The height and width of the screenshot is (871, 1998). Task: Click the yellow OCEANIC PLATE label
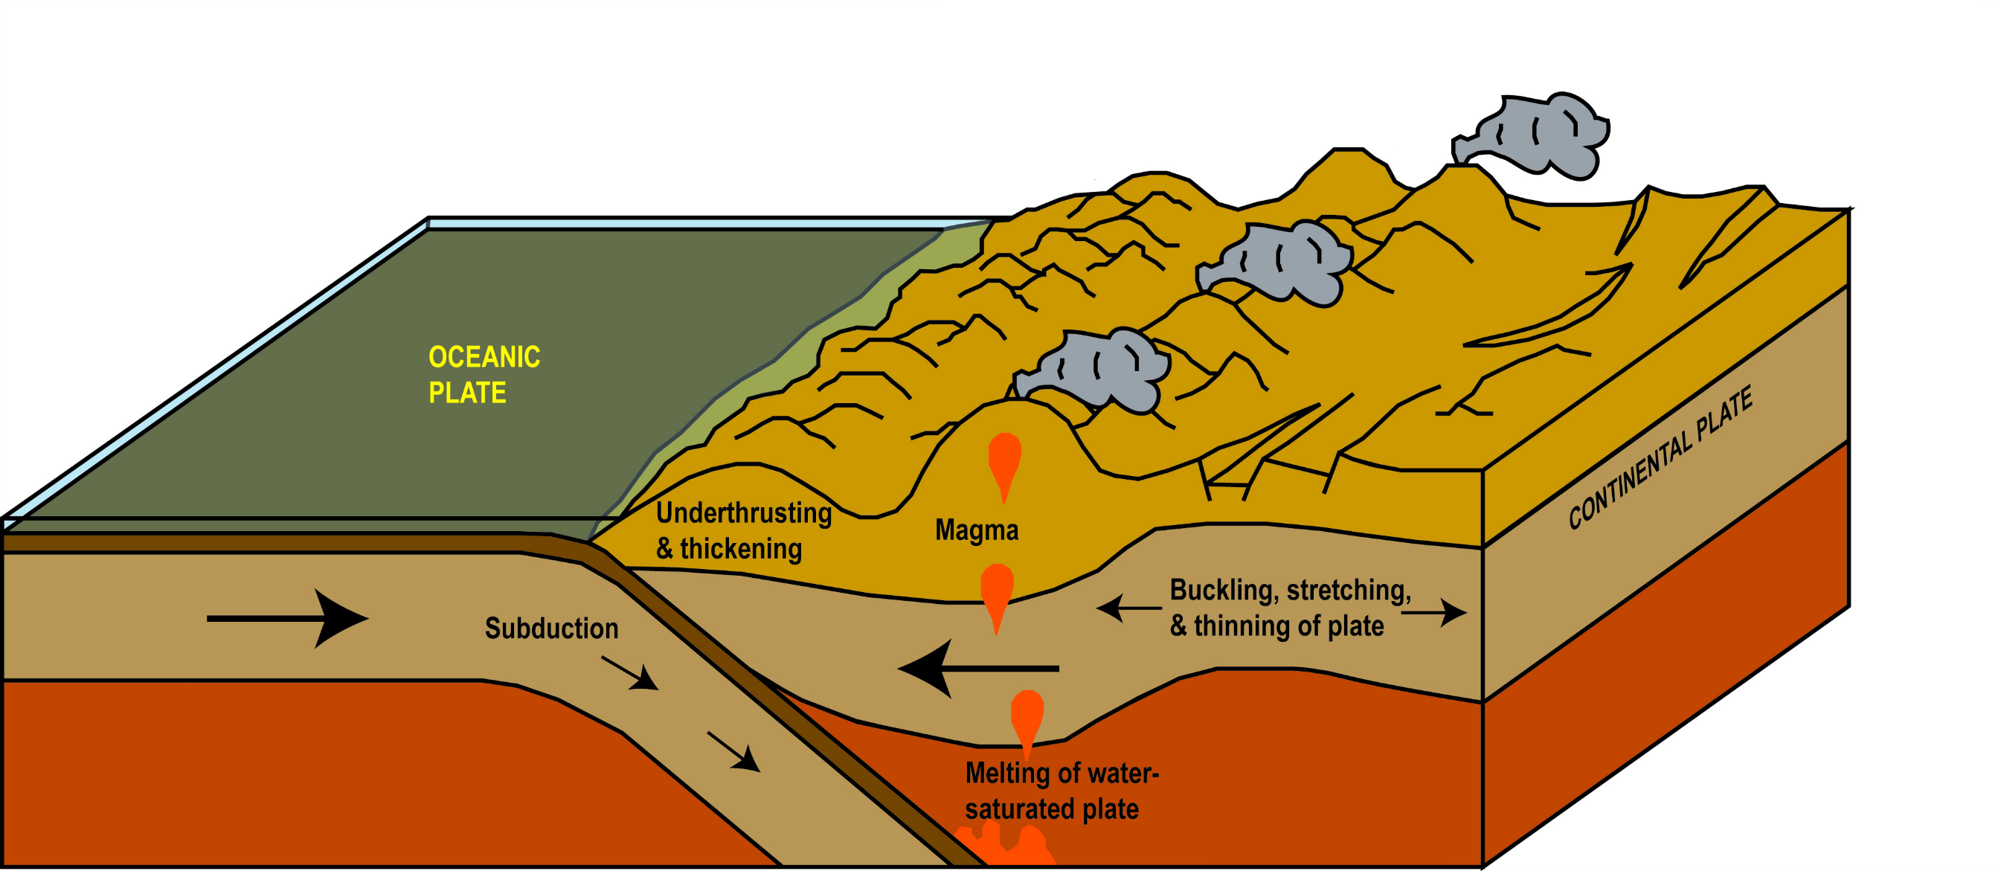pos(484,375)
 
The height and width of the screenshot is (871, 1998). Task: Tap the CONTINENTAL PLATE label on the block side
pos(1660,458)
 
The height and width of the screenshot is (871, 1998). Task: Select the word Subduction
pos(551,629)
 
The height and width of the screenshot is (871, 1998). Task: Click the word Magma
pos(977,530)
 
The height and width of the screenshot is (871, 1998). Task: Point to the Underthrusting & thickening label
pos(743,530)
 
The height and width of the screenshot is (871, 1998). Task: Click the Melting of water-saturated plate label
pos(1060,791)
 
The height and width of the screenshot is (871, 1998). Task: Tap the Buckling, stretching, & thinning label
pos(1289,607)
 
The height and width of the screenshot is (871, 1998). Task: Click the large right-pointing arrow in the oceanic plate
pos(288,618)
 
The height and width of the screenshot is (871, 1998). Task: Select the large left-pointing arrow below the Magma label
pos(977,668)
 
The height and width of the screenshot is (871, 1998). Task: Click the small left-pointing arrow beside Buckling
pos(1127,608)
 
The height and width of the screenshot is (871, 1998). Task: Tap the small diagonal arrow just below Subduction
pos(630,673)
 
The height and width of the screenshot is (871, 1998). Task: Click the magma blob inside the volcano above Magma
pos(1004,461)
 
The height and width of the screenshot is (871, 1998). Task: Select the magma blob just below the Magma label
pos(997,594)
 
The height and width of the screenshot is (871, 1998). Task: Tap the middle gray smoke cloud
pos(1279,261)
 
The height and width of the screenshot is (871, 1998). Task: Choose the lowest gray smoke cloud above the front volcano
pos(1097,369)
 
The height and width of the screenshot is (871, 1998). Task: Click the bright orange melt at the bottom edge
pos(1004,847)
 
